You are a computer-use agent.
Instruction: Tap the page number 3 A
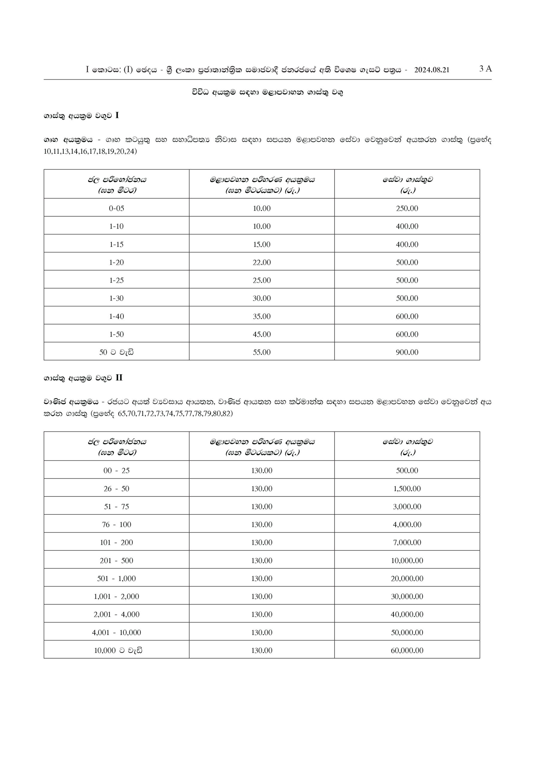(485, 69)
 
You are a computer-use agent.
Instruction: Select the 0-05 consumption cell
(116, 209)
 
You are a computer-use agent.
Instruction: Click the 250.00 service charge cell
(407, 209)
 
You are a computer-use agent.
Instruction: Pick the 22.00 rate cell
(261, 262)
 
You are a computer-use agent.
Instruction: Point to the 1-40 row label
(116, 316)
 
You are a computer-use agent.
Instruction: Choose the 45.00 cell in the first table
(261, 334)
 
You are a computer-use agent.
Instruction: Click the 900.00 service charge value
(407, 352)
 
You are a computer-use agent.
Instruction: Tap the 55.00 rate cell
(261, 352)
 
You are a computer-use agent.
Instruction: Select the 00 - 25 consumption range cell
(116, 471)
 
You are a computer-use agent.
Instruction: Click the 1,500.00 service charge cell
(407, 489)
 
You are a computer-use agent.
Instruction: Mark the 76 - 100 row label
(116, 525)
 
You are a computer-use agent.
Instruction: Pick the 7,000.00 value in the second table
(407, 543)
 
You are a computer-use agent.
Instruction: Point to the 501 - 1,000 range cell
(116, 579)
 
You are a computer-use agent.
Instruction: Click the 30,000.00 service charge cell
(407, 597)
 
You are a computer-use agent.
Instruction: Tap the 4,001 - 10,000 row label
(116, 632)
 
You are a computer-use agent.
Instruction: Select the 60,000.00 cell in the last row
(407, 650)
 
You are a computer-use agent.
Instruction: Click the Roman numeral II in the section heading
(119, 378)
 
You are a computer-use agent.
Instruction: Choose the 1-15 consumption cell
(116, 244)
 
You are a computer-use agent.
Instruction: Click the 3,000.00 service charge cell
(407, 507)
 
